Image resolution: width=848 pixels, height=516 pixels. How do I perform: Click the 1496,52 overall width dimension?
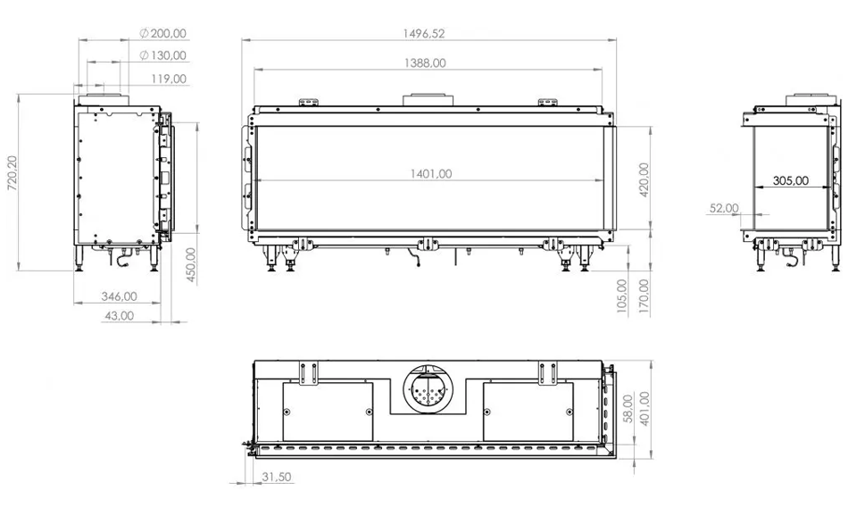[424, 34]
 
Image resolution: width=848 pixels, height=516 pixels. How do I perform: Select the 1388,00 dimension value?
[425, 63]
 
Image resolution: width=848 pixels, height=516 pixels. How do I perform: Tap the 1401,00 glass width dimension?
[430, 174]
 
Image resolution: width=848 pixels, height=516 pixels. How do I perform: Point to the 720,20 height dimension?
[12, 173]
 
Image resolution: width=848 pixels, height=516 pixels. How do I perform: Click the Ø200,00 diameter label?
[162, 34]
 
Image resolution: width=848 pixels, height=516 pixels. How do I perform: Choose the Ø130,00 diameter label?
[162, 55]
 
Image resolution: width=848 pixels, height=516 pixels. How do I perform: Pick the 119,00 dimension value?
[169, 79]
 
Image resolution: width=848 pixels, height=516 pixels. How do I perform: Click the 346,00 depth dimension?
[119, 296]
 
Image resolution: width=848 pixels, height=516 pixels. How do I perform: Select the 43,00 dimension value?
[119, 315]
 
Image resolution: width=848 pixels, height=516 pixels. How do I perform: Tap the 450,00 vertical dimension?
[191, 265]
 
